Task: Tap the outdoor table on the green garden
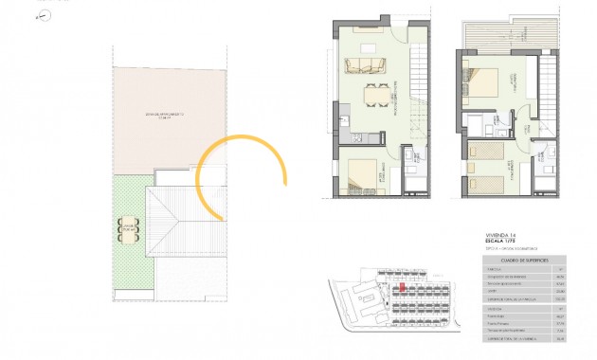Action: (127, 228)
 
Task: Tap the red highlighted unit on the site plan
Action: (402, 287)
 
